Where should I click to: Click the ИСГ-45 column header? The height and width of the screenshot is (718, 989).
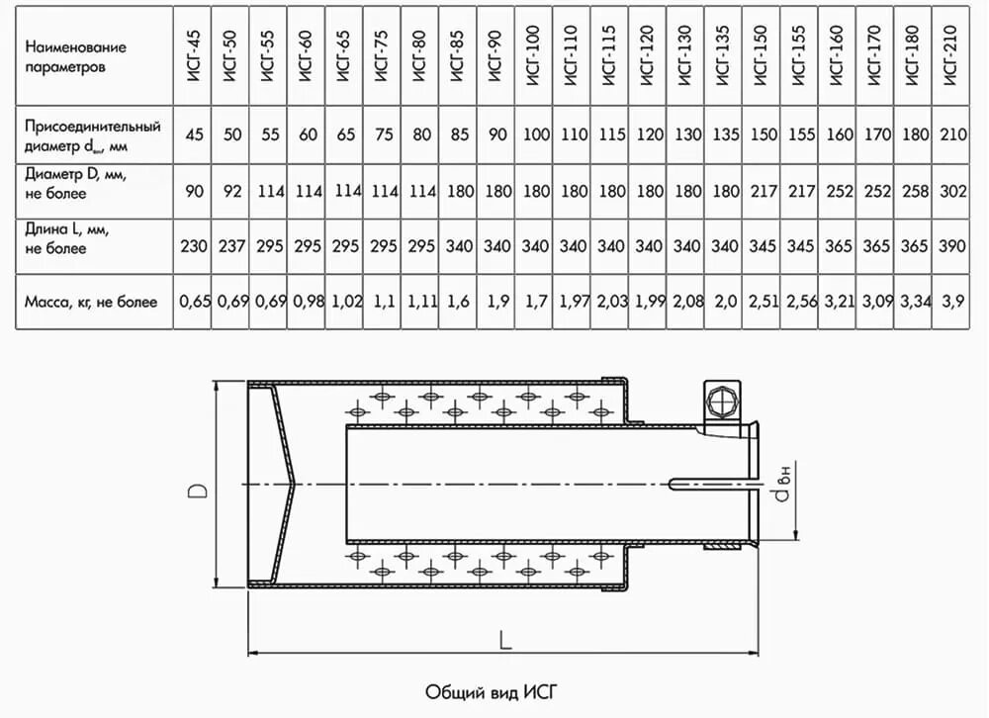[194, 57]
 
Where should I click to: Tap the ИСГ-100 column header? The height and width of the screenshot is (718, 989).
[534, 57]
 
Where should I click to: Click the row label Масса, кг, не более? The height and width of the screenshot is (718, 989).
[91, 302]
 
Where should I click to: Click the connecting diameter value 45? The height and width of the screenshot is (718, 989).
[194, 134]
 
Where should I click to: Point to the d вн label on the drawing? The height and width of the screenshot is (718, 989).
[782, 486]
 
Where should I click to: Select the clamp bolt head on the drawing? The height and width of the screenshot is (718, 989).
[723, 403]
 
